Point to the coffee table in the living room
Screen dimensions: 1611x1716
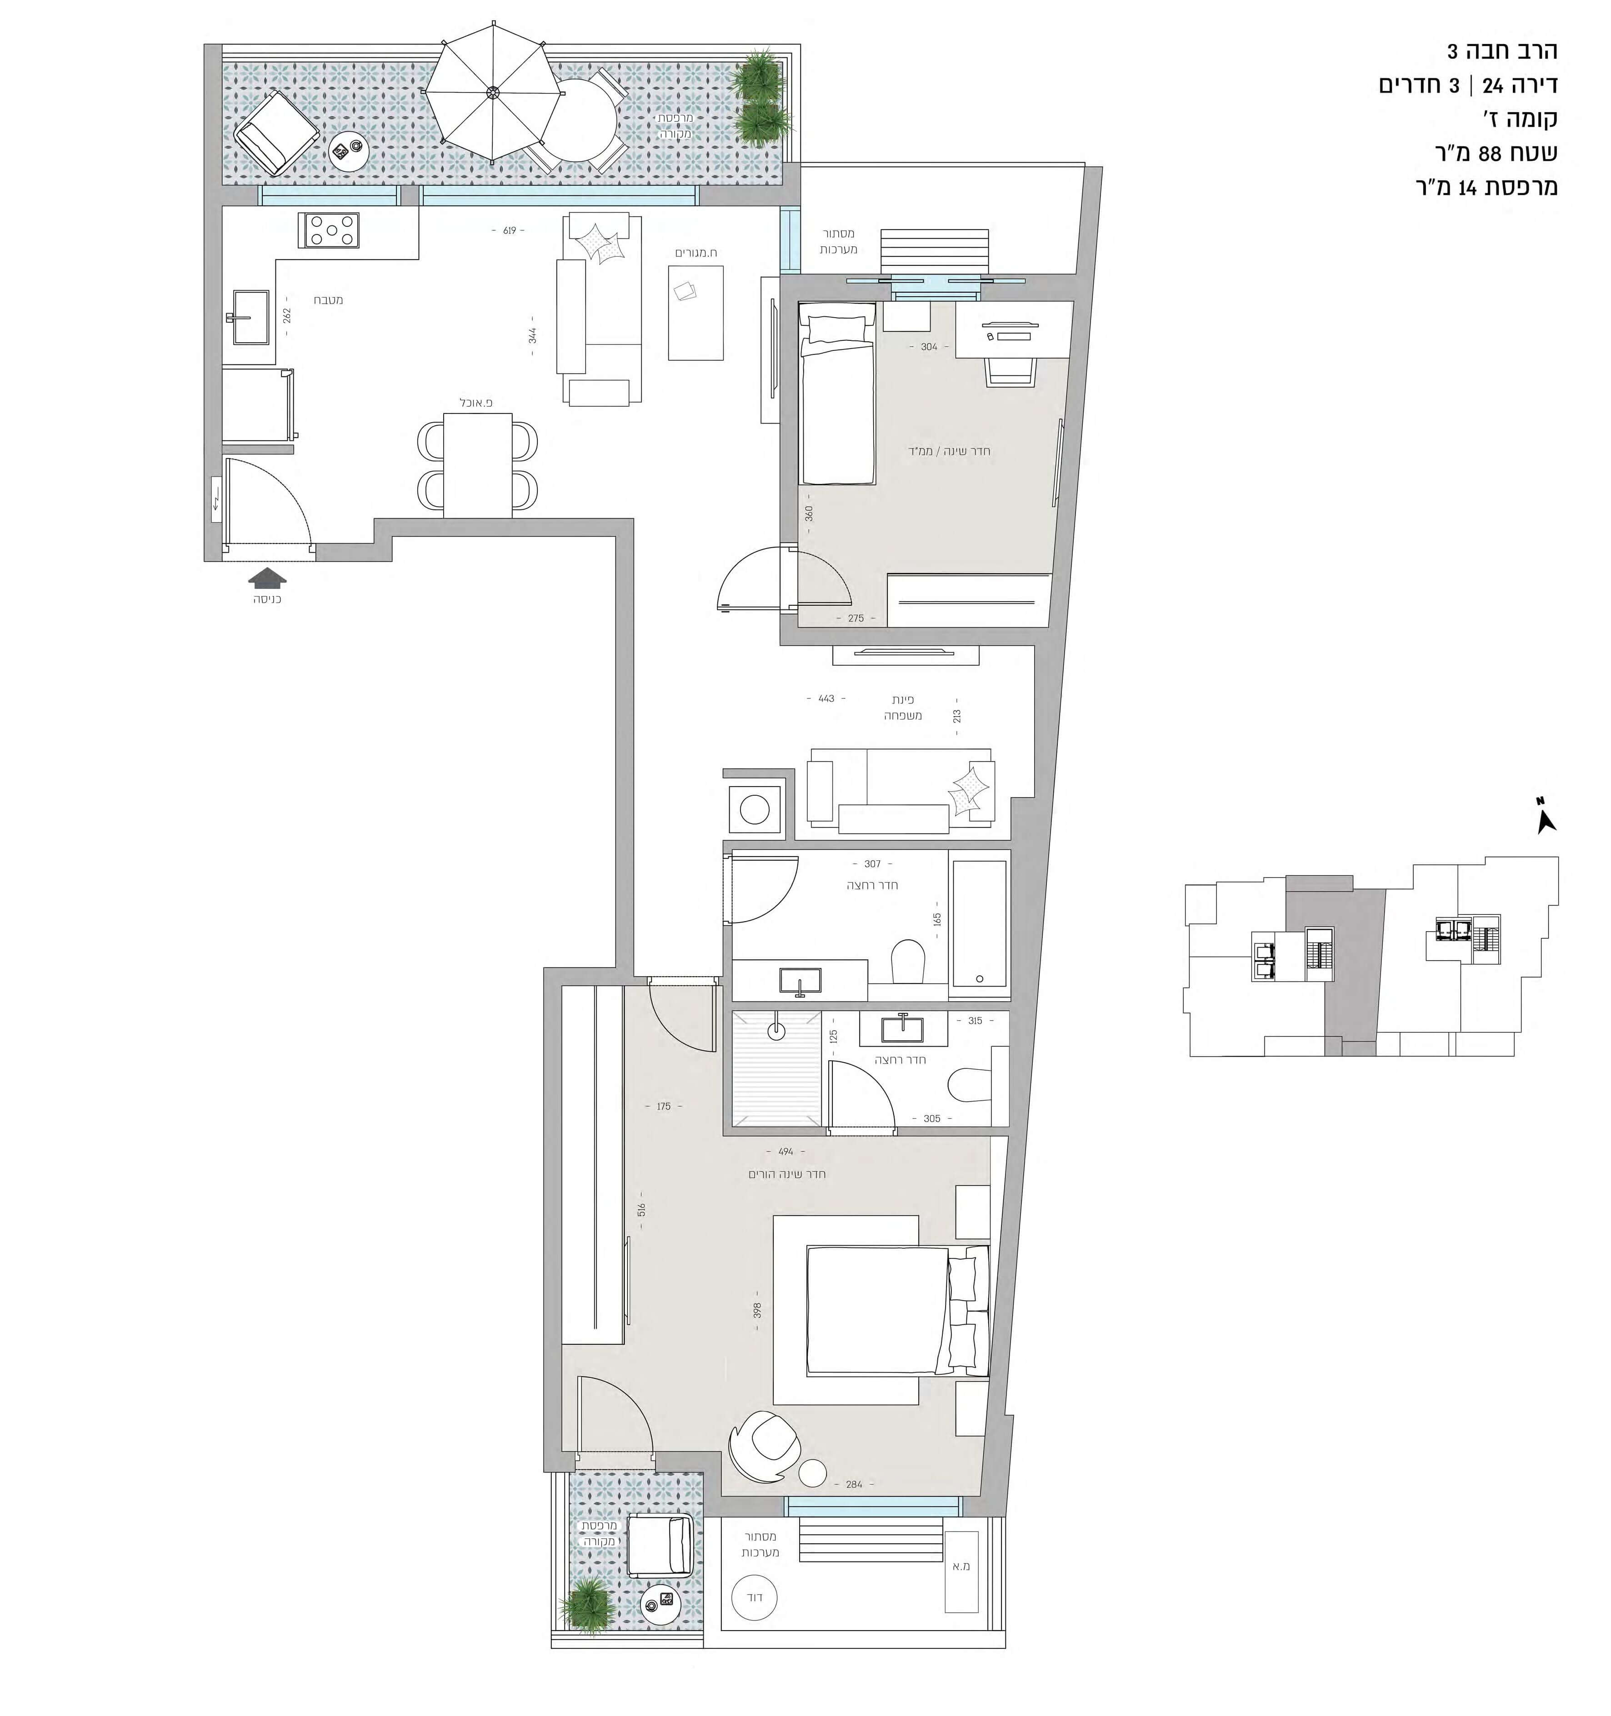pyautogui.click(x=696, y=313)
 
